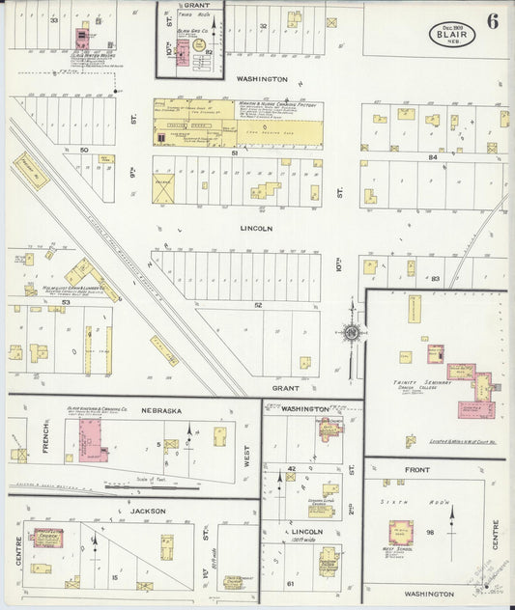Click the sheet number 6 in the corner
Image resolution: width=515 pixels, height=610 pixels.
coord(493,21)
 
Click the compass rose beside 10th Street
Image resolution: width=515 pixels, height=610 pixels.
coord(352,333)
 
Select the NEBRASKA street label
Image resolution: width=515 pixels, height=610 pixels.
coord(160,410)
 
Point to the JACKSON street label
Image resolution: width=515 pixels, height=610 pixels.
coord(148,510)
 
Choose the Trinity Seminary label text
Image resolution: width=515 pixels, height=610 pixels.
coord(417,383)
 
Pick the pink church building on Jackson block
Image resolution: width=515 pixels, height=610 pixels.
coord(47,537)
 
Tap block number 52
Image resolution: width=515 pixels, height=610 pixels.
coord(258,305)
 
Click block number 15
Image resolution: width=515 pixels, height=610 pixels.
coord(114,576)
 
